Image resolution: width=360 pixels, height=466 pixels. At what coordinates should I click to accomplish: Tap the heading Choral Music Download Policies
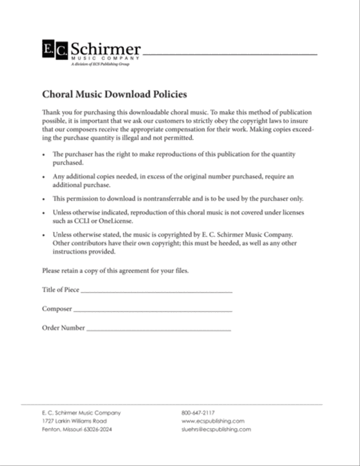114,94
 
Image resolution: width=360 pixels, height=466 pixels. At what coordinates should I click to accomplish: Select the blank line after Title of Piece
156,292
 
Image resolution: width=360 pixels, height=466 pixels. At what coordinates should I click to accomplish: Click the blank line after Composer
152,311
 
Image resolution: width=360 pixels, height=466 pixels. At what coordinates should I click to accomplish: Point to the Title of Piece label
61,289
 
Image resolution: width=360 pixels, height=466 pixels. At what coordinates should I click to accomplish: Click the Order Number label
64,328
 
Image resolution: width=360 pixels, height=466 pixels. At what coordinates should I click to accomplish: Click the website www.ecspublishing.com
213,421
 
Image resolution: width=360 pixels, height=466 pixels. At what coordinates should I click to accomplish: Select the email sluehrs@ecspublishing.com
216,430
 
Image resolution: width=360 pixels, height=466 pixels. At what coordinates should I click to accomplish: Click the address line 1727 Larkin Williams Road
74,421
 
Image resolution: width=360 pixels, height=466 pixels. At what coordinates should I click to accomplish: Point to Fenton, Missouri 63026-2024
77,430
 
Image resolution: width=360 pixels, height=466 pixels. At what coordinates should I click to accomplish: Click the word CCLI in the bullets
82,221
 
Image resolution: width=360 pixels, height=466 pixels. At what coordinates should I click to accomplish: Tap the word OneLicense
118,221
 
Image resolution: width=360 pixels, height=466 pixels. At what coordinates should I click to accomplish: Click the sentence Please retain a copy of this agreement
115,271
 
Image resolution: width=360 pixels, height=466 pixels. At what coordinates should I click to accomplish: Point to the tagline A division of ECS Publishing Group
100,64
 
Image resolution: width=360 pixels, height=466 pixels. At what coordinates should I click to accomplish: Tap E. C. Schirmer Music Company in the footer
81,413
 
